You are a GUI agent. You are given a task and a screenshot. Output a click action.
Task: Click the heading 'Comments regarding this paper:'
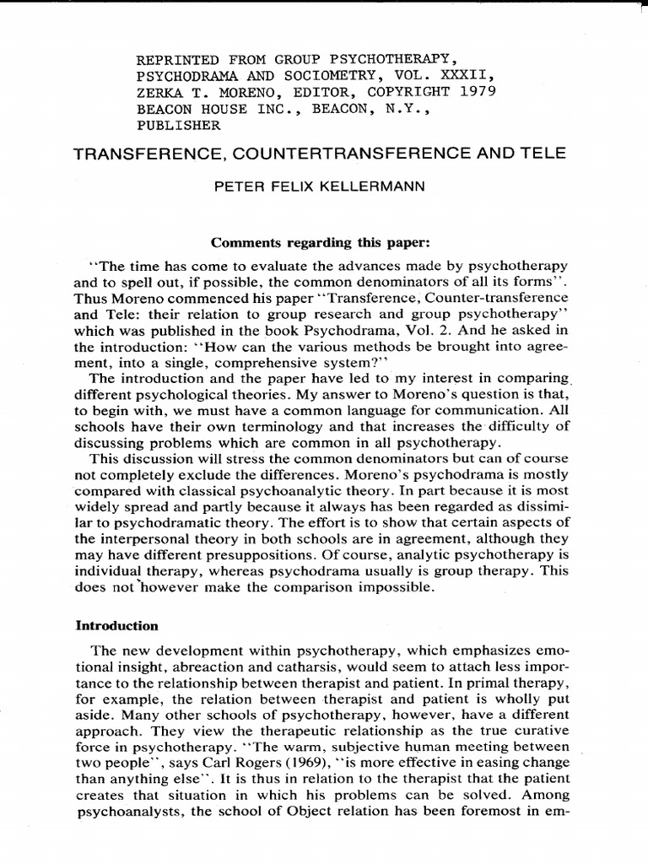(x=320, y=244)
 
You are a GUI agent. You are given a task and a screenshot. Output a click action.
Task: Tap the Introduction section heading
(x=117, y=625)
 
